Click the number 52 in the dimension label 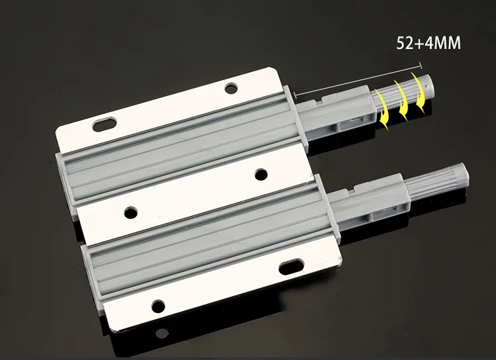point(405,43)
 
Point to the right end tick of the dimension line point(421,66)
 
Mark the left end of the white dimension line point(295,94)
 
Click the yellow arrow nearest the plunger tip point(419,93)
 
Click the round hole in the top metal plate point(231,88)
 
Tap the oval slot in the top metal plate point(104,124)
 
